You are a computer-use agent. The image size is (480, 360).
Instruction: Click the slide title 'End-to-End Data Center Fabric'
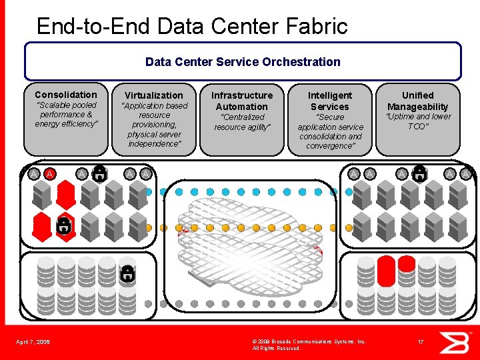click(192, 26)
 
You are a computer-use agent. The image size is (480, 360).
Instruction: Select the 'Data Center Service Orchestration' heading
click(243, 62)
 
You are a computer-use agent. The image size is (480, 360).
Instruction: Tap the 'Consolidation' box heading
click(65, 95)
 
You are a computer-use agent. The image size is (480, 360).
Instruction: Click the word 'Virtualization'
click(153, 95)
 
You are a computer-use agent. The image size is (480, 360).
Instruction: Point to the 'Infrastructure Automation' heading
click(242, 101)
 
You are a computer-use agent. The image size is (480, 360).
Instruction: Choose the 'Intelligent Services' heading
click(329, 101)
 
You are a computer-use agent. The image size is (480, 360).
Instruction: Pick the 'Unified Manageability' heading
click(418, 101)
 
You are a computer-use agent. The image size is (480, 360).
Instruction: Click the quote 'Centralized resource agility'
click(242, 121)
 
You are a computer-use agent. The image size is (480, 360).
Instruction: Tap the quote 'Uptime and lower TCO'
click(418, 121)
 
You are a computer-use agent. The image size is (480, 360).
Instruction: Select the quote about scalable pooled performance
click(65, 114)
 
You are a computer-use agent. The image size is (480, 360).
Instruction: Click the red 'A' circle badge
click(50, 174)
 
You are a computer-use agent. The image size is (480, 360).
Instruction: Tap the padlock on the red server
click(63, 225)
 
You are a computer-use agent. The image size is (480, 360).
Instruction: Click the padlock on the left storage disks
click(126, 272)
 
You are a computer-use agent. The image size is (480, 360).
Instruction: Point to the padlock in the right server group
click(419, 174)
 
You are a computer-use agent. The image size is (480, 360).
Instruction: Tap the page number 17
click(421, 342)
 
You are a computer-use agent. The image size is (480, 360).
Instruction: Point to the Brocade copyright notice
click(309, 345)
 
